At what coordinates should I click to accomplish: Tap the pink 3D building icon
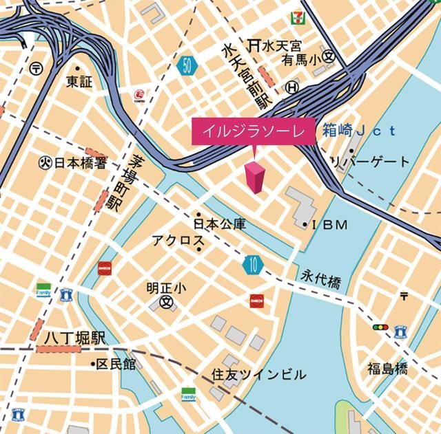[254, 178]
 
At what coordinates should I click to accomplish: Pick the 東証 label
[79, 81]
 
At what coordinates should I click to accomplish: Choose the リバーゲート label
[370, 162]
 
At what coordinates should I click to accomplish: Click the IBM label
[330, 225]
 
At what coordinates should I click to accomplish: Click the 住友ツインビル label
[258, 375]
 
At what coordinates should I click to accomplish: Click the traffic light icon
[380, 327]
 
